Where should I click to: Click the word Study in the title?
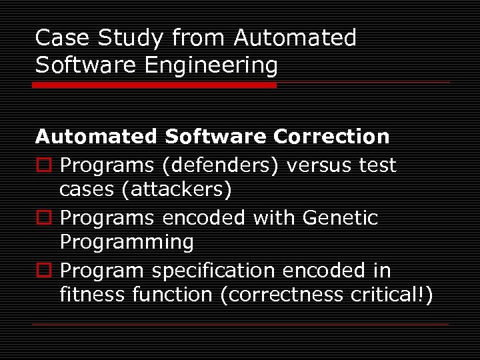click(131, 39)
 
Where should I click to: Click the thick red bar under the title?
click(155, 85)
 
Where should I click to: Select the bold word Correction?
click(331, 137)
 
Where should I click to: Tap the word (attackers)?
click(177, 190)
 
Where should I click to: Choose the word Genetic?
click(339, 217)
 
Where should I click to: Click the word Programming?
click(127, 243)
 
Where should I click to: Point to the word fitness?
click(84, 295)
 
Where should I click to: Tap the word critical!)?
click(391, 295)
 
